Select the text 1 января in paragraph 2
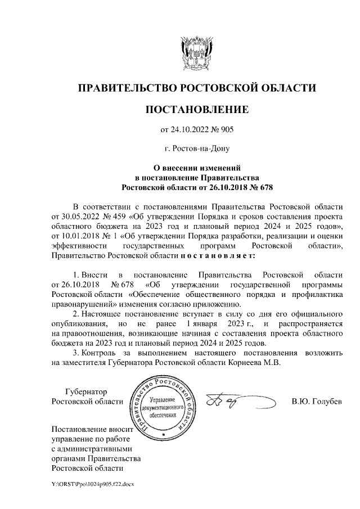[x=205, y=324]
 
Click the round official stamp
[x=163, y=407]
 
